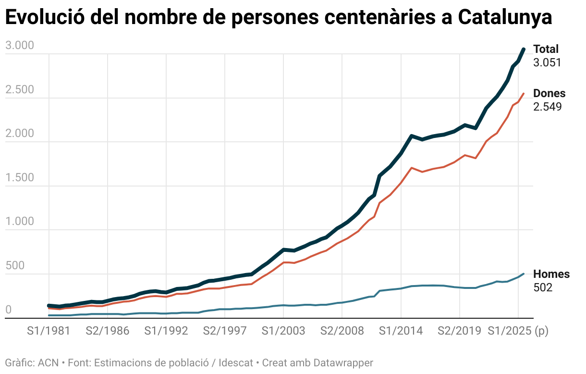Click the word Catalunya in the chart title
pos(504,18)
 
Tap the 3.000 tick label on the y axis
pos(20,46)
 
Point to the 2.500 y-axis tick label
pos(20,90)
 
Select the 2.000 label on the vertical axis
pos(20,134)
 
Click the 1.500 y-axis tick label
pos(20,178)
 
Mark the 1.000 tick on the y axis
pos(20,222)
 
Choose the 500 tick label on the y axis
pos(14,266)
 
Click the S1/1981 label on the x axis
pos(49,331)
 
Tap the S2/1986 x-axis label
pos(108,331)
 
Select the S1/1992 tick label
pos(166,331)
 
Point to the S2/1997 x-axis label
pos(225,331)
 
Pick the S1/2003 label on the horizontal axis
pos(283,331)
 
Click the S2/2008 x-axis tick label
pos(342,331)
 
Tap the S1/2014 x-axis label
pos(401,331)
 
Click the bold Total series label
pos(546,49)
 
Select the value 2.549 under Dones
pos(547,107)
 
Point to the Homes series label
pos(551,274)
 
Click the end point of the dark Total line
pos(524,49)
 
